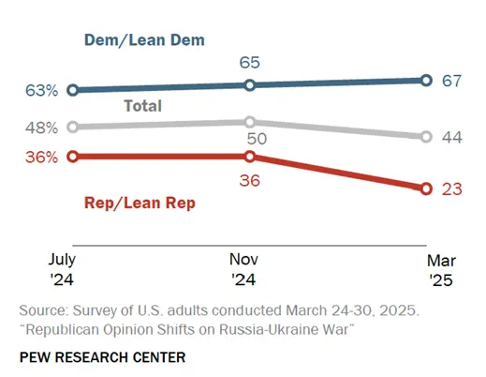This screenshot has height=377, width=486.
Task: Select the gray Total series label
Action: point(143,106)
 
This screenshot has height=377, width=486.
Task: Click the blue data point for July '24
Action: point(73,90)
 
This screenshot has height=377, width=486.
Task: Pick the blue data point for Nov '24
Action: point(249,85)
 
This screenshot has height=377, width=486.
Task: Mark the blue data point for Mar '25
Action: point(426,81)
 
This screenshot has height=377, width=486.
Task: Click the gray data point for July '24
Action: point(73,127)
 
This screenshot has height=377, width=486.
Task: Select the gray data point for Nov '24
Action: point(249,122)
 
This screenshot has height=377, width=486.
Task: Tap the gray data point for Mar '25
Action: point(426,137)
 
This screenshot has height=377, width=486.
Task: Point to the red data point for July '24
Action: point(73,157)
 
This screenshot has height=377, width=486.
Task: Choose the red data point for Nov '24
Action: point(249,157)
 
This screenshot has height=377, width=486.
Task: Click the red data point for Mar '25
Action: point(426,188)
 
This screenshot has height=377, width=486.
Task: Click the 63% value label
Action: point(42,91)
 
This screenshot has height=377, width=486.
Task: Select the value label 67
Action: point(453,82)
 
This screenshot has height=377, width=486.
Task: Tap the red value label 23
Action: point(453,188)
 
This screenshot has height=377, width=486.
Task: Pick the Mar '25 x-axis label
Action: point(440,268)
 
